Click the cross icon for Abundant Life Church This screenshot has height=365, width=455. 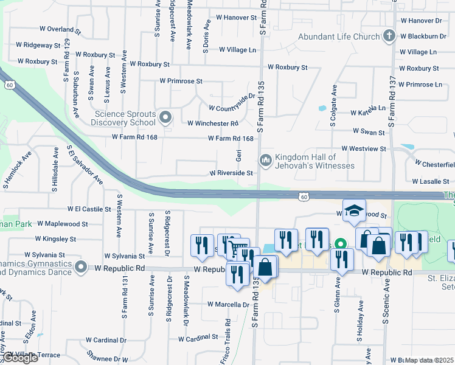point(390,36)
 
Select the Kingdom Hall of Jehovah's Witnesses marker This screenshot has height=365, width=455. point(265,161)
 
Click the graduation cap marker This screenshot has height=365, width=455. point(354,210)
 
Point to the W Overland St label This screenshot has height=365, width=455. point(60,29)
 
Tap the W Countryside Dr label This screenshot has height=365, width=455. point(232,103)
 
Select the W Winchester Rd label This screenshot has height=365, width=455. point(212,123)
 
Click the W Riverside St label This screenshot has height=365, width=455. point(231,173)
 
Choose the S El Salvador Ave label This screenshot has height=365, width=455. point(85,164)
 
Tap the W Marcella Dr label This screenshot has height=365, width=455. point(228,304)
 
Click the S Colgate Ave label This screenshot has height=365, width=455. point(333,106)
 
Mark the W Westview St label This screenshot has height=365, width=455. point(364,148)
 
